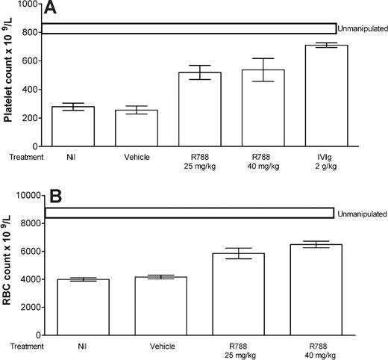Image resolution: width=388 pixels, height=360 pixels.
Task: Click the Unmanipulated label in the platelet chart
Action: [362, 29]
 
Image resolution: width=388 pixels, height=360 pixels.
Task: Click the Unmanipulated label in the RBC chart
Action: [360, 213]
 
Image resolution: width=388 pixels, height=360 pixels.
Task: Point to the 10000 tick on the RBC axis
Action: [26, 195]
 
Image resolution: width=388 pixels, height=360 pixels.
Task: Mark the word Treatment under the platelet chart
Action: [19, 157]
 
